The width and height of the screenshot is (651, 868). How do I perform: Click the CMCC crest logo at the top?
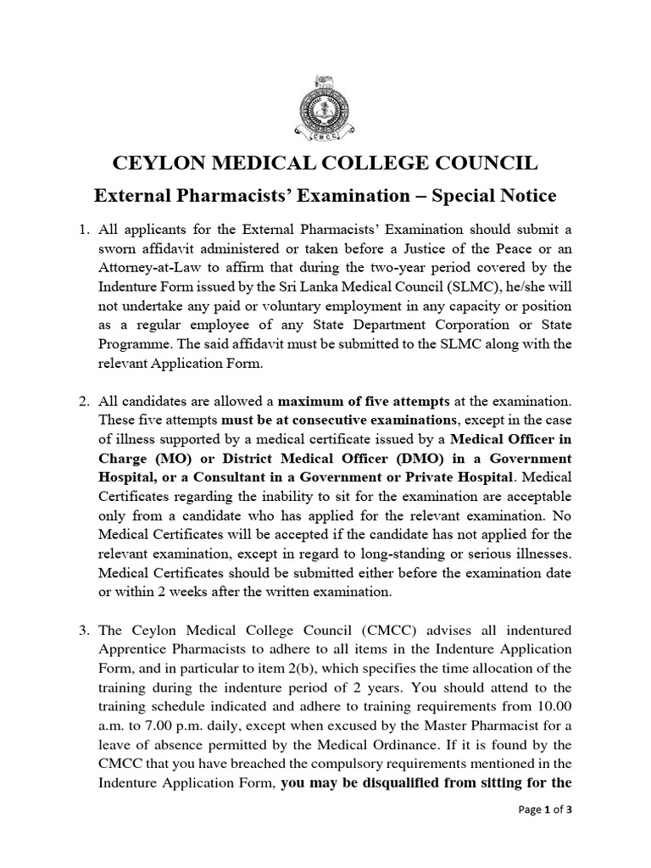click(x=325, y=109)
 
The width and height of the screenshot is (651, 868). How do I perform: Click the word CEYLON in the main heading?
click(x=160, y=163)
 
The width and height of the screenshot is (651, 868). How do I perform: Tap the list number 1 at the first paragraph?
click(x=82, y=230)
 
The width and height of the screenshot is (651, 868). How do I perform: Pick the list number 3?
click(x=82, y=631)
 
